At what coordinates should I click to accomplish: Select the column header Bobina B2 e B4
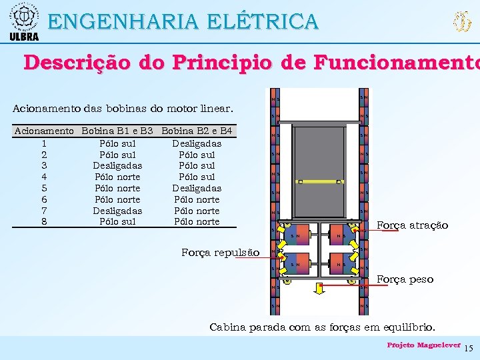point(197,131)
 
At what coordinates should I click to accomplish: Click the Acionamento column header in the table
point(44,131)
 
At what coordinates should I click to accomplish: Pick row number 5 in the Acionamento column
point(44,188)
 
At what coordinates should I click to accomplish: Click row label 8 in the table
point(44,222)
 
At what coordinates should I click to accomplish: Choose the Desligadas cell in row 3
point(117,165)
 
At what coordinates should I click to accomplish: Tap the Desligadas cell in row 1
point(197,143)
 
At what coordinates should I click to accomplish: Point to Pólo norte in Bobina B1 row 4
point(117,177)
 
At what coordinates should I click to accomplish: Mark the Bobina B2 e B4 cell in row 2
point(197,154)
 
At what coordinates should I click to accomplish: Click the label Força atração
point(412,225)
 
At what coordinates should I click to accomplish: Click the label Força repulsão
point(220,252)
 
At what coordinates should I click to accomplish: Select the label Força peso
point(405,279)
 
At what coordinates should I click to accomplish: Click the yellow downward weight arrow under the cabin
point(320,287)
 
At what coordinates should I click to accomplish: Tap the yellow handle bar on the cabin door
point(320,181)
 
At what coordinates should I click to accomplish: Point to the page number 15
point(468,348)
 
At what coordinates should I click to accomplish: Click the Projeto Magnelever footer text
point(423,345)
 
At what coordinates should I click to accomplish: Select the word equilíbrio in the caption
point(409,327)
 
